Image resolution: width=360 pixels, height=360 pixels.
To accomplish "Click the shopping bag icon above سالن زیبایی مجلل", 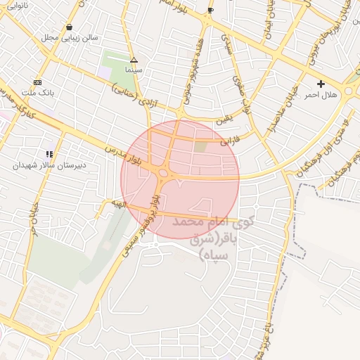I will point(69,27).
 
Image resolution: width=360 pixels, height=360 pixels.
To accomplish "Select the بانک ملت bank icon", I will point(37,82).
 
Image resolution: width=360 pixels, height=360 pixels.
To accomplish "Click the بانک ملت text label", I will point(41,91).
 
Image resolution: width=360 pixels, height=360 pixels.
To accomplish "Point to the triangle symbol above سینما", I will point(134,60).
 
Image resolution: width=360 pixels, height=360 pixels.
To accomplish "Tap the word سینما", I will point(134,70).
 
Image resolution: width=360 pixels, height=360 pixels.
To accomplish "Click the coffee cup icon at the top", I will point(210,10).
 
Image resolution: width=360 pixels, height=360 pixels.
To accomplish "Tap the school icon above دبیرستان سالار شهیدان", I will point(49,154).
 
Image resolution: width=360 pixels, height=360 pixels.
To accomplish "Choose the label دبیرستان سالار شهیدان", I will point(41,165).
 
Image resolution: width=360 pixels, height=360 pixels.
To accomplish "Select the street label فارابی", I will point(230,140).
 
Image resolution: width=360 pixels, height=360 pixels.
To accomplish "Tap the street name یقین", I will point(224,120).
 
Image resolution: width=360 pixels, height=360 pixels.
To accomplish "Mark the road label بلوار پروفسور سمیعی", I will point(140,225).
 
